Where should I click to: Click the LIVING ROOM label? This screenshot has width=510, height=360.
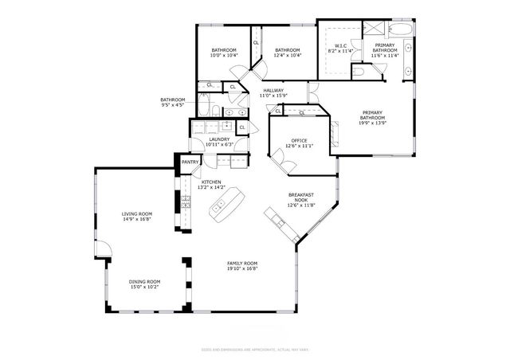point(137,213)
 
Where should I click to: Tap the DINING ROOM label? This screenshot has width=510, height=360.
point(145,281)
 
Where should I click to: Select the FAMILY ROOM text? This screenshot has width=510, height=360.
point(242,264)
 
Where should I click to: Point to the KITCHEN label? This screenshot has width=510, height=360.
point(212,182)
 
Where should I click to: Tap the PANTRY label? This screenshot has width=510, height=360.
point(190,162)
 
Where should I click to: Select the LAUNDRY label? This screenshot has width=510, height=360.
point(219,140)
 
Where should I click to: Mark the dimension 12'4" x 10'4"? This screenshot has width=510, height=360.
point(286,55)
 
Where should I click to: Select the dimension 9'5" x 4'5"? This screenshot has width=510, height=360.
point(173,104)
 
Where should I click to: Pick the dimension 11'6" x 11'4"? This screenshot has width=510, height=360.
point(384,55)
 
